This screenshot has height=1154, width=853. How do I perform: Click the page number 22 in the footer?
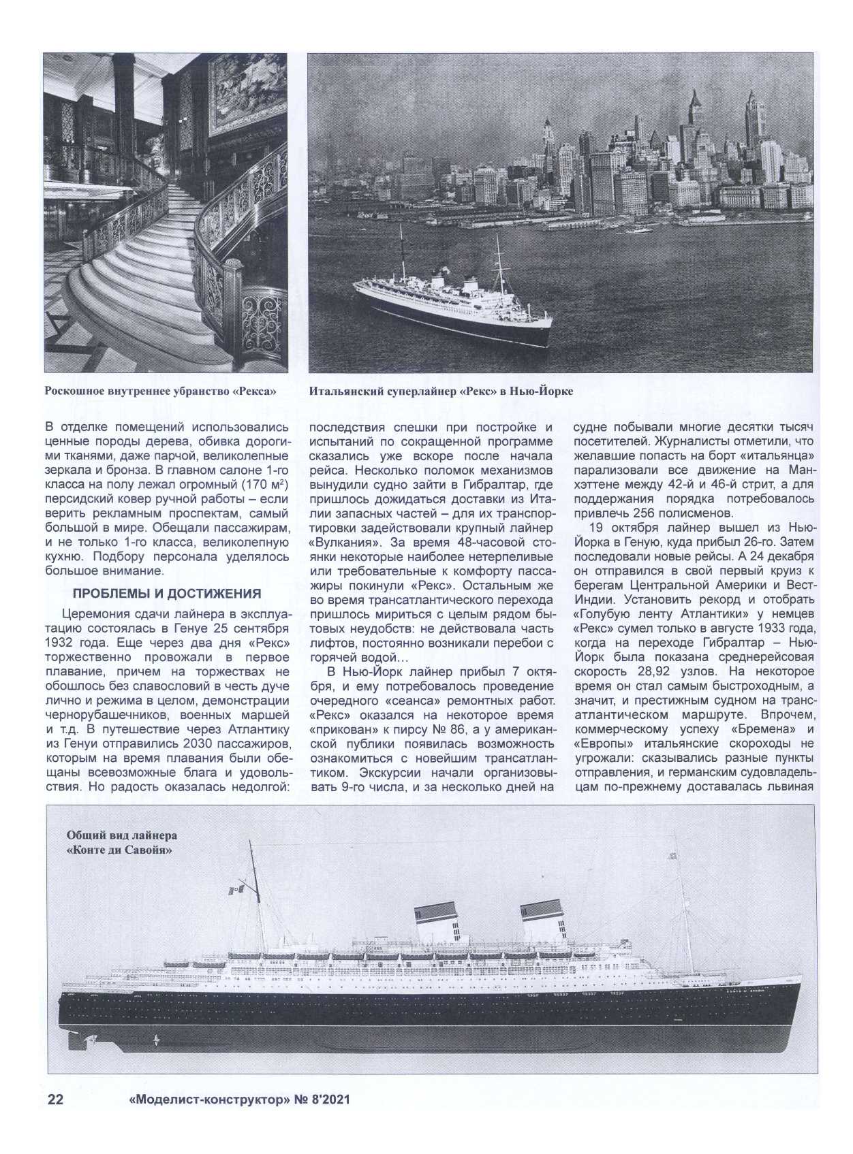[55, 1100]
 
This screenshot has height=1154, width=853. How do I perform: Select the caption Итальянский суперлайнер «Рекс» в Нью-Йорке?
[441, 392]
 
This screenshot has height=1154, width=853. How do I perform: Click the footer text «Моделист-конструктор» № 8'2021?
[238, 1100]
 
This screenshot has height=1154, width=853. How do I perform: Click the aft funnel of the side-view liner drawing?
[541, 919]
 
